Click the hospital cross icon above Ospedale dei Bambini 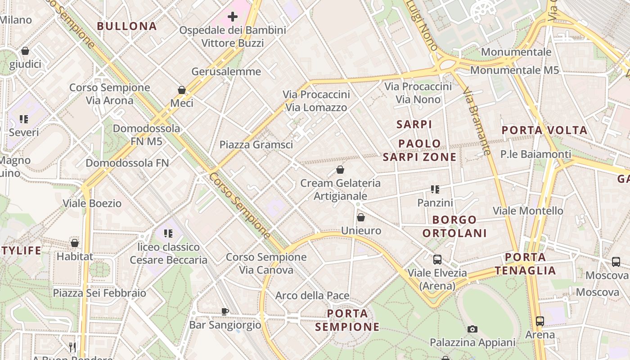coord(232,17)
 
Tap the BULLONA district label coord(127,26)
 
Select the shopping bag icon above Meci coord(182,90)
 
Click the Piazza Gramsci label coord(256,144)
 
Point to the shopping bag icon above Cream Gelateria coord(340,170)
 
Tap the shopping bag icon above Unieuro coord(361,218)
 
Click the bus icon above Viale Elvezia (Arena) coord(437,260)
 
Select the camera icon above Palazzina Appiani coord(472,329)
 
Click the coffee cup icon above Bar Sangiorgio coord(225,311)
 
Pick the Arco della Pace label coord(312,296)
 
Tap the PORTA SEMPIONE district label coord(347,320)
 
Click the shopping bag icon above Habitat coord(75,243)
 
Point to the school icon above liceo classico coord(168,234)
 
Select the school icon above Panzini coord(435,189)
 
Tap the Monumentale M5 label coord(514,70)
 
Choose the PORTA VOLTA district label coord(544,130)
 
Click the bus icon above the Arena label coord(540,321)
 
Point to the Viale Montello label coord(528,211)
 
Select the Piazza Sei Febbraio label coord(99,293)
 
